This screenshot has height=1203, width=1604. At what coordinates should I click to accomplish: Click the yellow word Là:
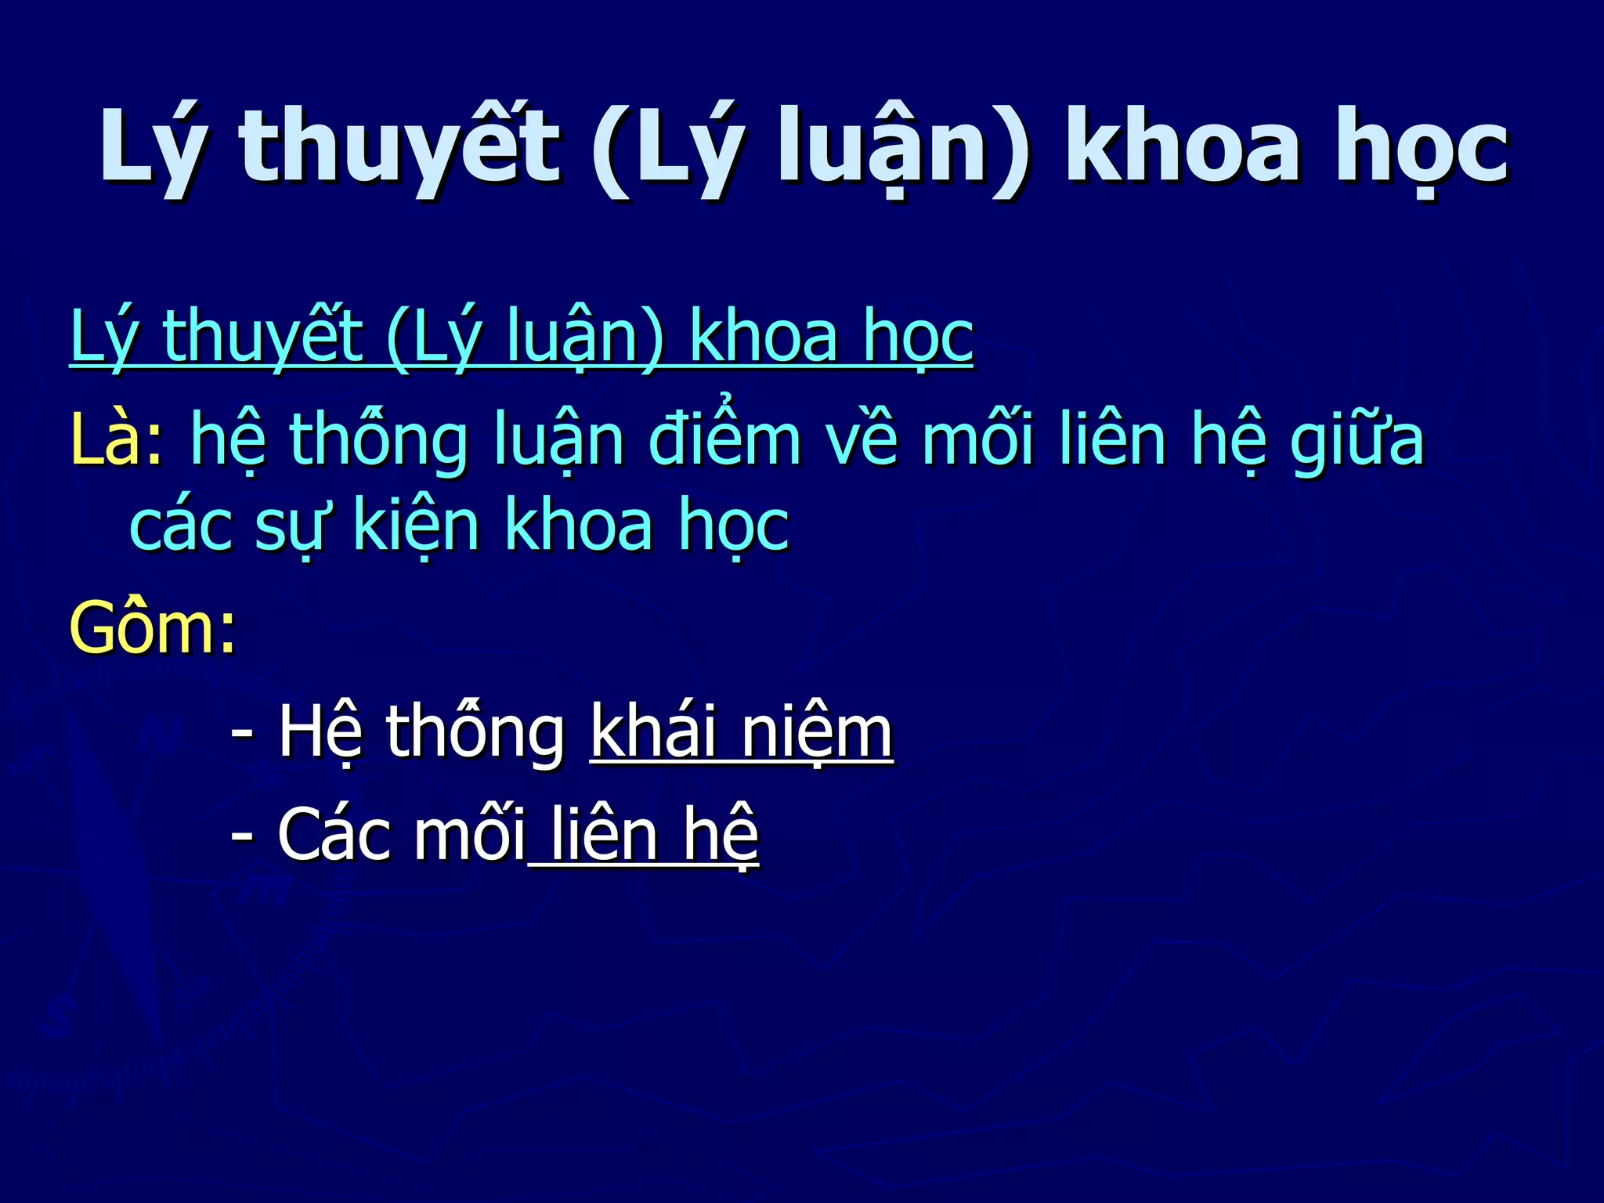click(116, 441)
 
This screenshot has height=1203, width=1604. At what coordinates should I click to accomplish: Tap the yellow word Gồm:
click(152, 628)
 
